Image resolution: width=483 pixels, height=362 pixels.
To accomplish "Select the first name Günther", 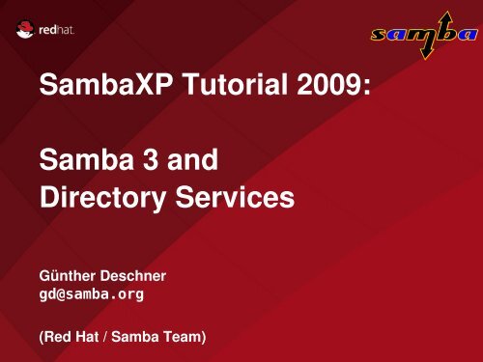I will (66, 276).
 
